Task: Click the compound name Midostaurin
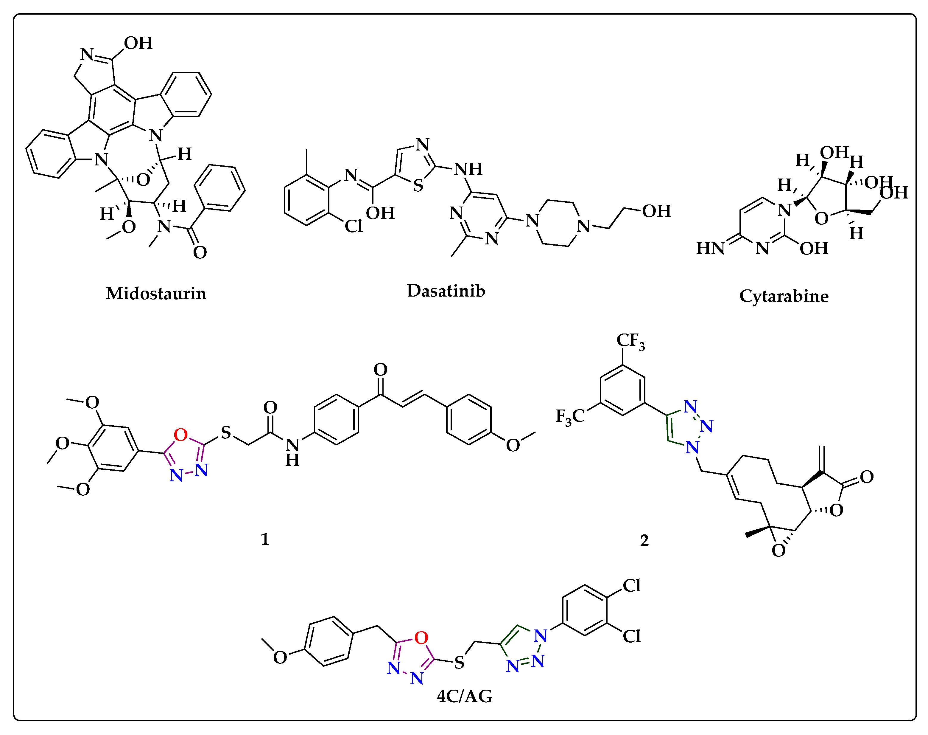point(156,294)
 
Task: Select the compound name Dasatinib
point(446,291)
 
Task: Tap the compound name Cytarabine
point(784,296)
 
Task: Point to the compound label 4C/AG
point(464,696)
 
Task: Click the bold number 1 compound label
point(265,539)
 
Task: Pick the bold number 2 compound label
point(644,540)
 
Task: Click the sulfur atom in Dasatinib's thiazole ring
point(418,185)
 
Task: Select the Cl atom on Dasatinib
point(354,226)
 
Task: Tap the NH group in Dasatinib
point(468,169)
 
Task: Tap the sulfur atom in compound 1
point(226,432)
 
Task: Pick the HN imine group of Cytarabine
point(710,248)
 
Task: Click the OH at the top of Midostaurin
point(138,43)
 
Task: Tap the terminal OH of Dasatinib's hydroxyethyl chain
point(656,211)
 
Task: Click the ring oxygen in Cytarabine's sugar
point(821,218)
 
